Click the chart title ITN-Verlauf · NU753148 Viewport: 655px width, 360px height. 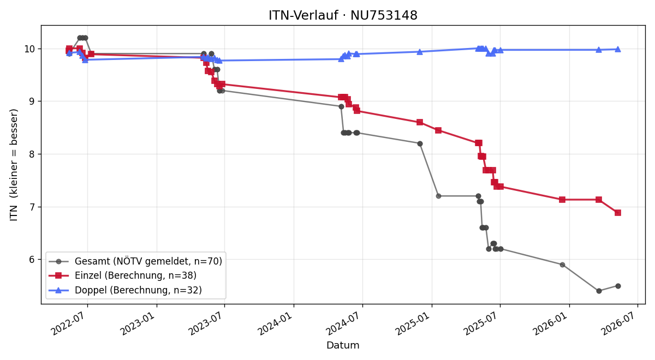[343, 15]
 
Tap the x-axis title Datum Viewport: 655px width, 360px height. [343, 345]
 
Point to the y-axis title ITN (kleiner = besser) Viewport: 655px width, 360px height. [14, 165]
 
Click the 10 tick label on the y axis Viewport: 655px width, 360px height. [29, 49]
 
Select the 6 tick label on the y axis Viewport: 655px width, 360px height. [32, 260]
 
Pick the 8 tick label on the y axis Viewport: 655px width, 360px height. [32, 154]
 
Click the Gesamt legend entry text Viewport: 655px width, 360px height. [148, 261]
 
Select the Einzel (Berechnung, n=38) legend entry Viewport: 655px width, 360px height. [135, 275]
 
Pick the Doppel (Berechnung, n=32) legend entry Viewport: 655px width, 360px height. [138, 290]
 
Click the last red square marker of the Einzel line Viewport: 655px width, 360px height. [617, 213]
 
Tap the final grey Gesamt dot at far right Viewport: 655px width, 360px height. [618, 286]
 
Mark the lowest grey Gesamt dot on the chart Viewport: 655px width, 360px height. [599, 291]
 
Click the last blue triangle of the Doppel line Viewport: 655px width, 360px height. [617, 49]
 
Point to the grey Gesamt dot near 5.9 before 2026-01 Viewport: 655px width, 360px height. [562, 265]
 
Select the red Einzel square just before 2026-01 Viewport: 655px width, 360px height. [562, 200]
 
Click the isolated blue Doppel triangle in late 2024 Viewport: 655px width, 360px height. [420, 52]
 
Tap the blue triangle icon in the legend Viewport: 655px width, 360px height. [58, 290]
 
